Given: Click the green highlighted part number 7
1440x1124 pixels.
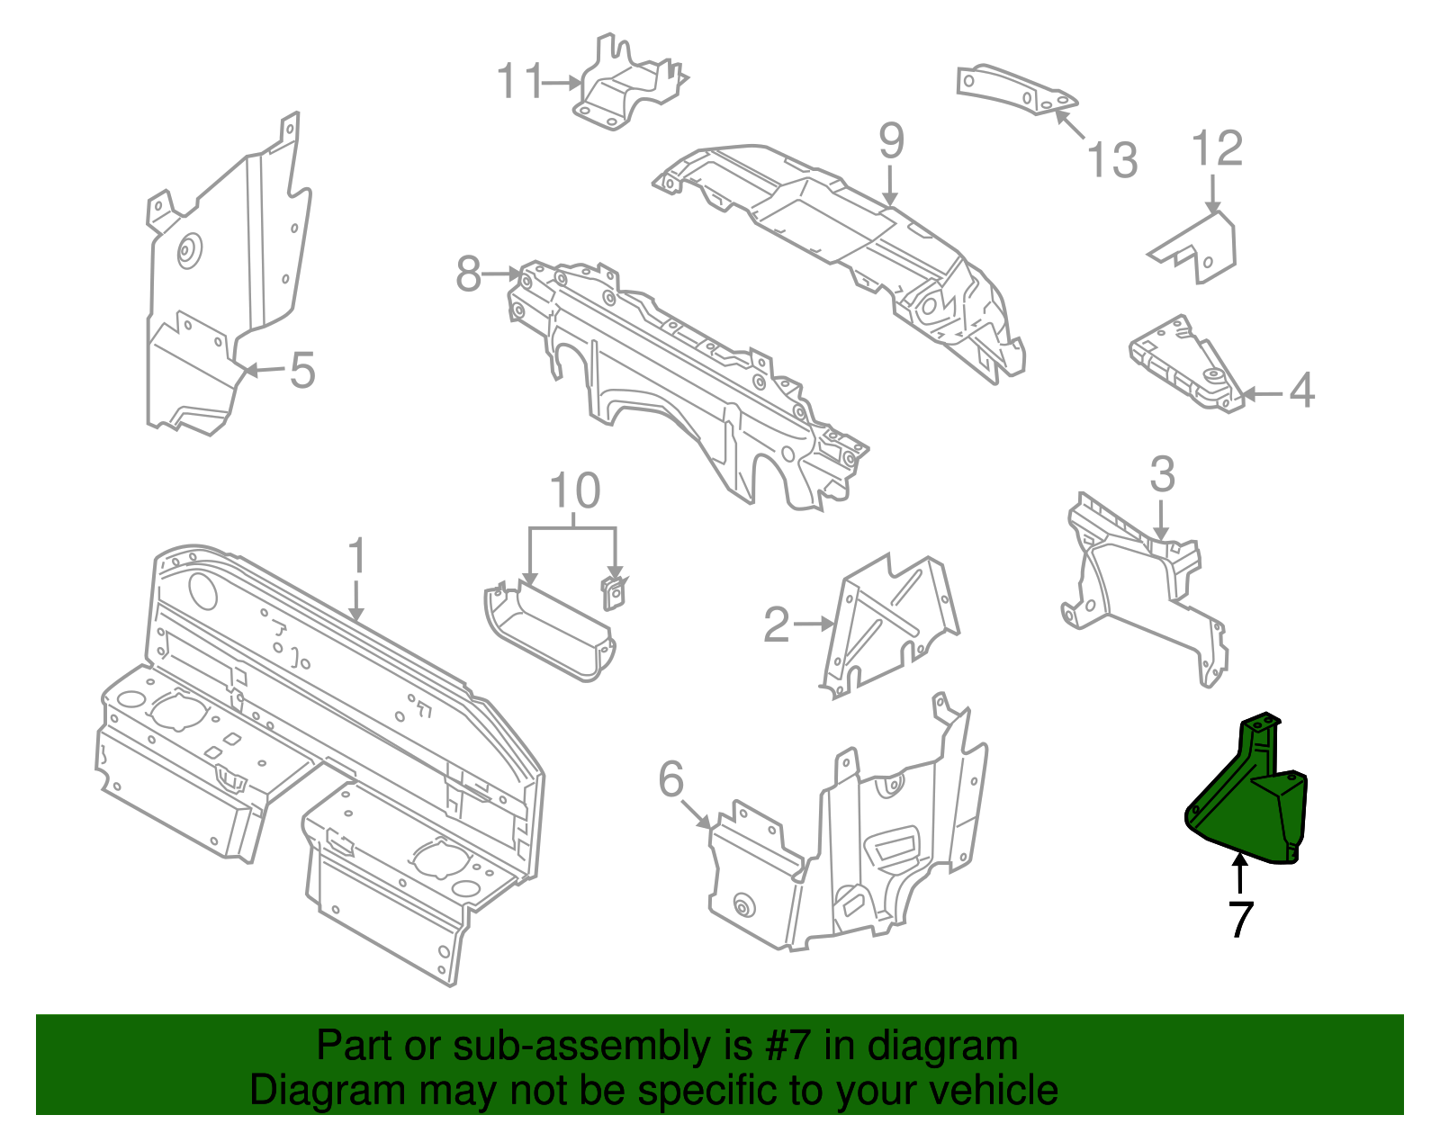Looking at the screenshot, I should point(1246,805).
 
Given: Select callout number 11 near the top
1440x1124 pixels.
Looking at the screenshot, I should point(520,82).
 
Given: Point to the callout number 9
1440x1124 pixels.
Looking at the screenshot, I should point(891,141).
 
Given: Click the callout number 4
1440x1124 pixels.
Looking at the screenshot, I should point(1301,391).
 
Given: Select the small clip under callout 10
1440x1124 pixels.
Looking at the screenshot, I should point(614,593).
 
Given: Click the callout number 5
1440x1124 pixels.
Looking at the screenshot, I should point(302,370).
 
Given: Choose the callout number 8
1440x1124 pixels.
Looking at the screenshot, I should point(468,274).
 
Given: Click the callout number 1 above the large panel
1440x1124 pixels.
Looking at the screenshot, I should point(357,555).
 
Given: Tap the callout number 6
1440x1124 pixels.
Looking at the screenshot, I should point(671,779).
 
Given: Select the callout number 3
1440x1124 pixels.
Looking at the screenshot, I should point(1162,474).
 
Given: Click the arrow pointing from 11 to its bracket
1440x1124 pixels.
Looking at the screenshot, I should point(563,83).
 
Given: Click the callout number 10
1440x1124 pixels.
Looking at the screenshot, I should point(574,491).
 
